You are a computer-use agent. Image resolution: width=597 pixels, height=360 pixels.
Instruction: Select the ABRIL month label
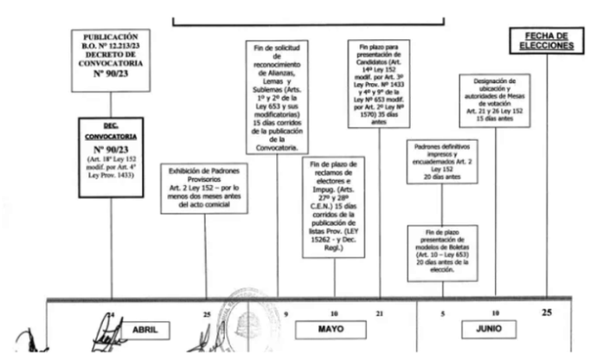tap(147, 330)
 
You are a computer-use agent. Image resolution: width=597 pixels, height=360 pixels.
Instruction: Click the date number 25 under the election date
tap(546, 312)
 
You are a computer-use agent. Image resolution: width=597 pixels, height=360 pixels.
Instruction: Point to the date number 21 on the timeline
tap(379, 314)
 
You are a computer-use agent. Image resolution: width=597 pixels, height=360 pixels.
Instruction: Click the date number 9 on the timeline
tap(286, 314)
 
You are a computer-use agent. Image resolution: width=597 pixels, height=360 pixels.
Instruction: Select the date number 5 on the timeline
tap(443, 314)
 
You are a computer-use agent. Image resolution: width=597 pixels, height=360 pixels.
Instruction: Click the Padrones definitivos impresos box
tap(443, 159)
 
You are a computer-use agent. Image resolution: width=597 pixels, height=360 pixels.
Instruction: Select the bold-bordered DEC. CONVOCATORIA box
tap(112, 156)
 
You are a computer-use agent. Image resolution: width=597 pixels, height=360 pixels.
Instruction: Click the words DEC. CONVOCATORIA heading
tap(112, 130)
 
